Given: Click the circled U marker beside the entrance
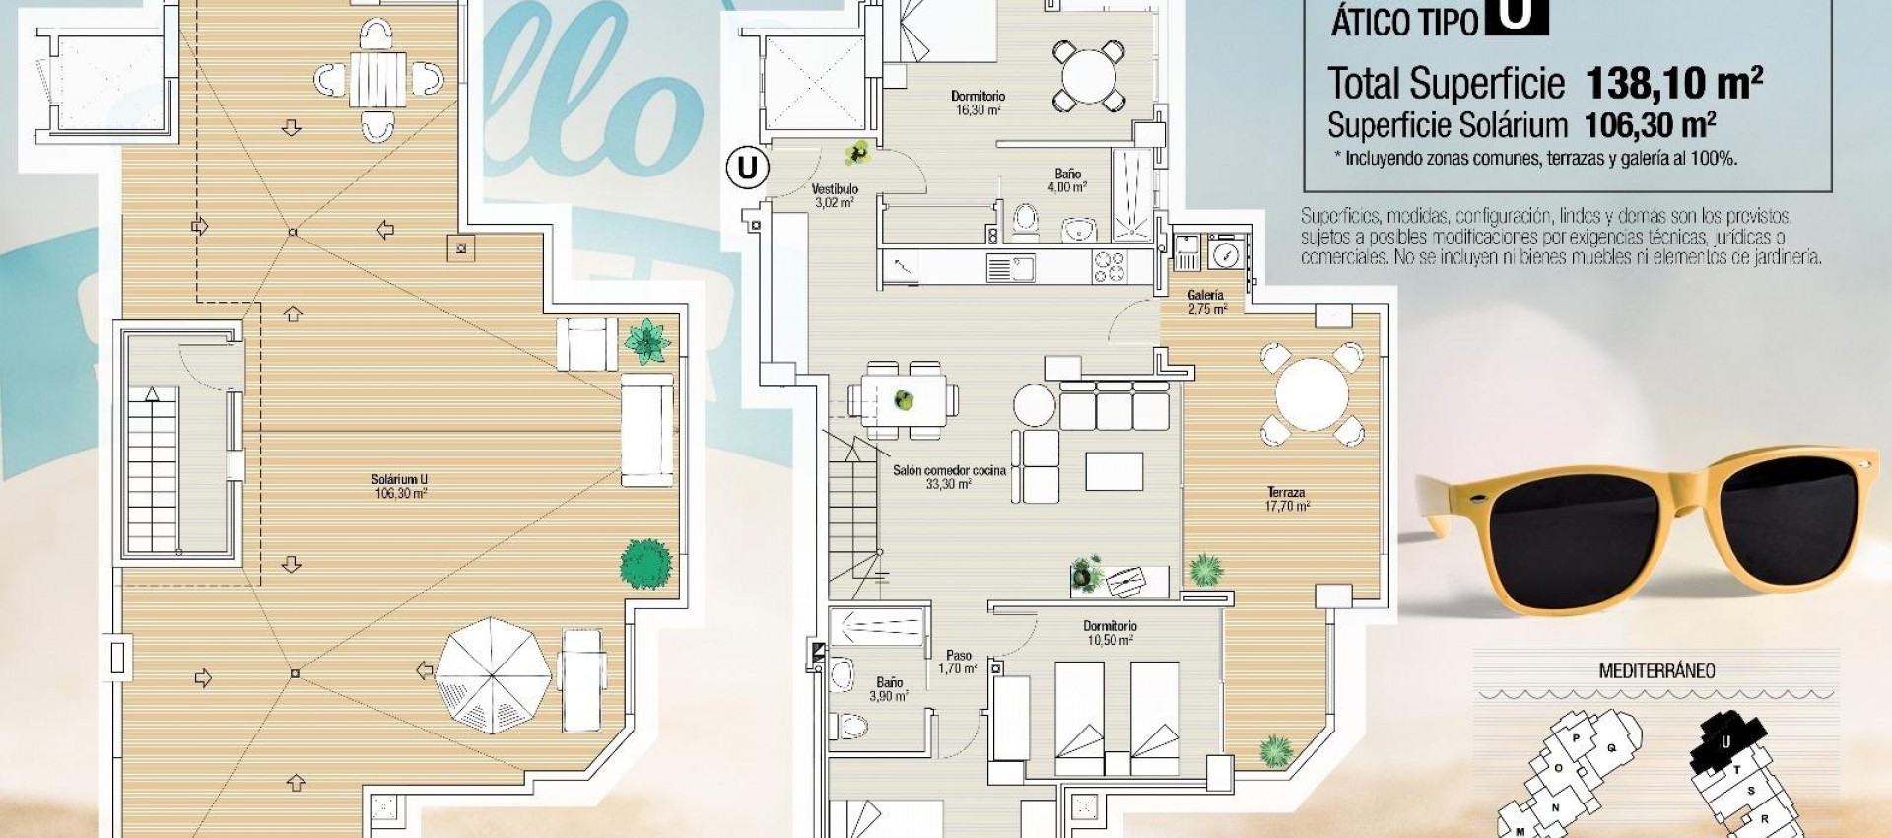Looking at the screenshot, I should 747,169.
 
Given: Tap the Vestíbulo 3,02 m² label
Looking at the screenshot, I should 835,195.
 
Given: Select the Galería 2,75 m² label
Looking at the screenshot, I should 1206,302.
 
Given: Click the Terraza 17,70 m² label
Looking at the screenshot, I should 1286,499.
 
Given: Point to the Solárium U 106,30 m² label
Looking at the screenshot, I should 400,486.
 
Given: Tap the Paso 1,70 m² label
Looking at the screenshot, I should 958,662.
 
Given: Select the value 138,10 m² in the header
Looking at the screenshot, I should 1673,83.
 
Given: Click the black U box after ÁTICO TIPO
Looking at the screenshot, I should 1518,16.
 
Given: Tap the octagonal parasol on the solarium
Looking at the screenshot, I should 493,674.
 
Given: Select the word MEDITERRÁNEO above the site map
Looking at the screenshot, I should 1656,671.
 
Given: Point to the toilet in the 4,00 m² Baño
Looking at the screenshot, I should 1025,221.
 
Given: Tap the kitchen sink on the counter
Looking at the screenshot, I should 1010,267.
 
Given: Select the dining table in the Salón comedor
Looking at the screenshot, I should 904,400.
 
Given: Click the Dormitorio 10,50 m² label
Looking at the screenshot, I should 1110,633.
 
